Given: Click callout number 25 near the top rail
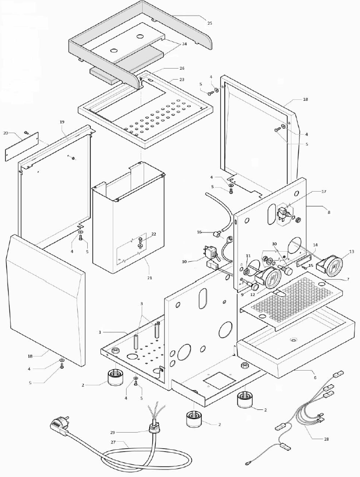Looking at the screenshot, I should pos(210,23).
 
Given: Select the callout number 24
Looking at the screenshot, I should pos(184,44).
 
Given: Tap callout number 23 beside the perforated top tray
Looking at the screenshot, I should pos(182,80).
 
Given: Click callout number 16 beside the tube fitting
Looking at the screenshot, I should pos(200,232).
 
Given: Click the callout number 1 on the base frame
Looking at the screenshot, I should pos(100,332).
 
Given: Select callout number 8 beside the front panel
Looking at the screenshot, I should pos(329,213).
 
